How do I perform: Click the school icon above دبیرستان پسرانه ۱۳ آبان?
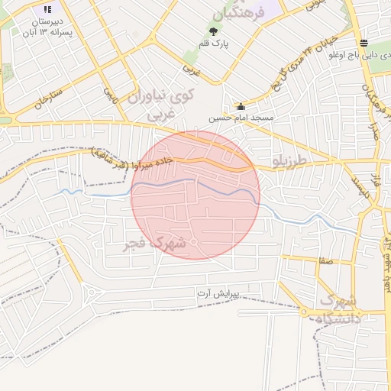(x=48, y=10)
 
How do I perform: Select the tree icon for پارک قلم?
(x=213, y=31)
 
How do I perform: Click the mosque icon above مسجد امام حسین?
(x=241, y=107)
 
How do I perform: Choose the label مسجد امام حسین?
(x=243, y=118)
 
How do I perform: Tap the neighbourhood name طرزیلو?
(x=289, y=161)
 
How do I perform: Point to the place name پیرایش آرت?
(x=218, y=293)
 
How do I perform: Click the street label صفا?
(x=326, y=261)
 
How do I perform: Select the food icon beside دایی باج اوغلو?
(x=363, y=43)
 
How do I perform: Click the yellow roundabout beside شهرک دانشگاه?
(x=304, y=313)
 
